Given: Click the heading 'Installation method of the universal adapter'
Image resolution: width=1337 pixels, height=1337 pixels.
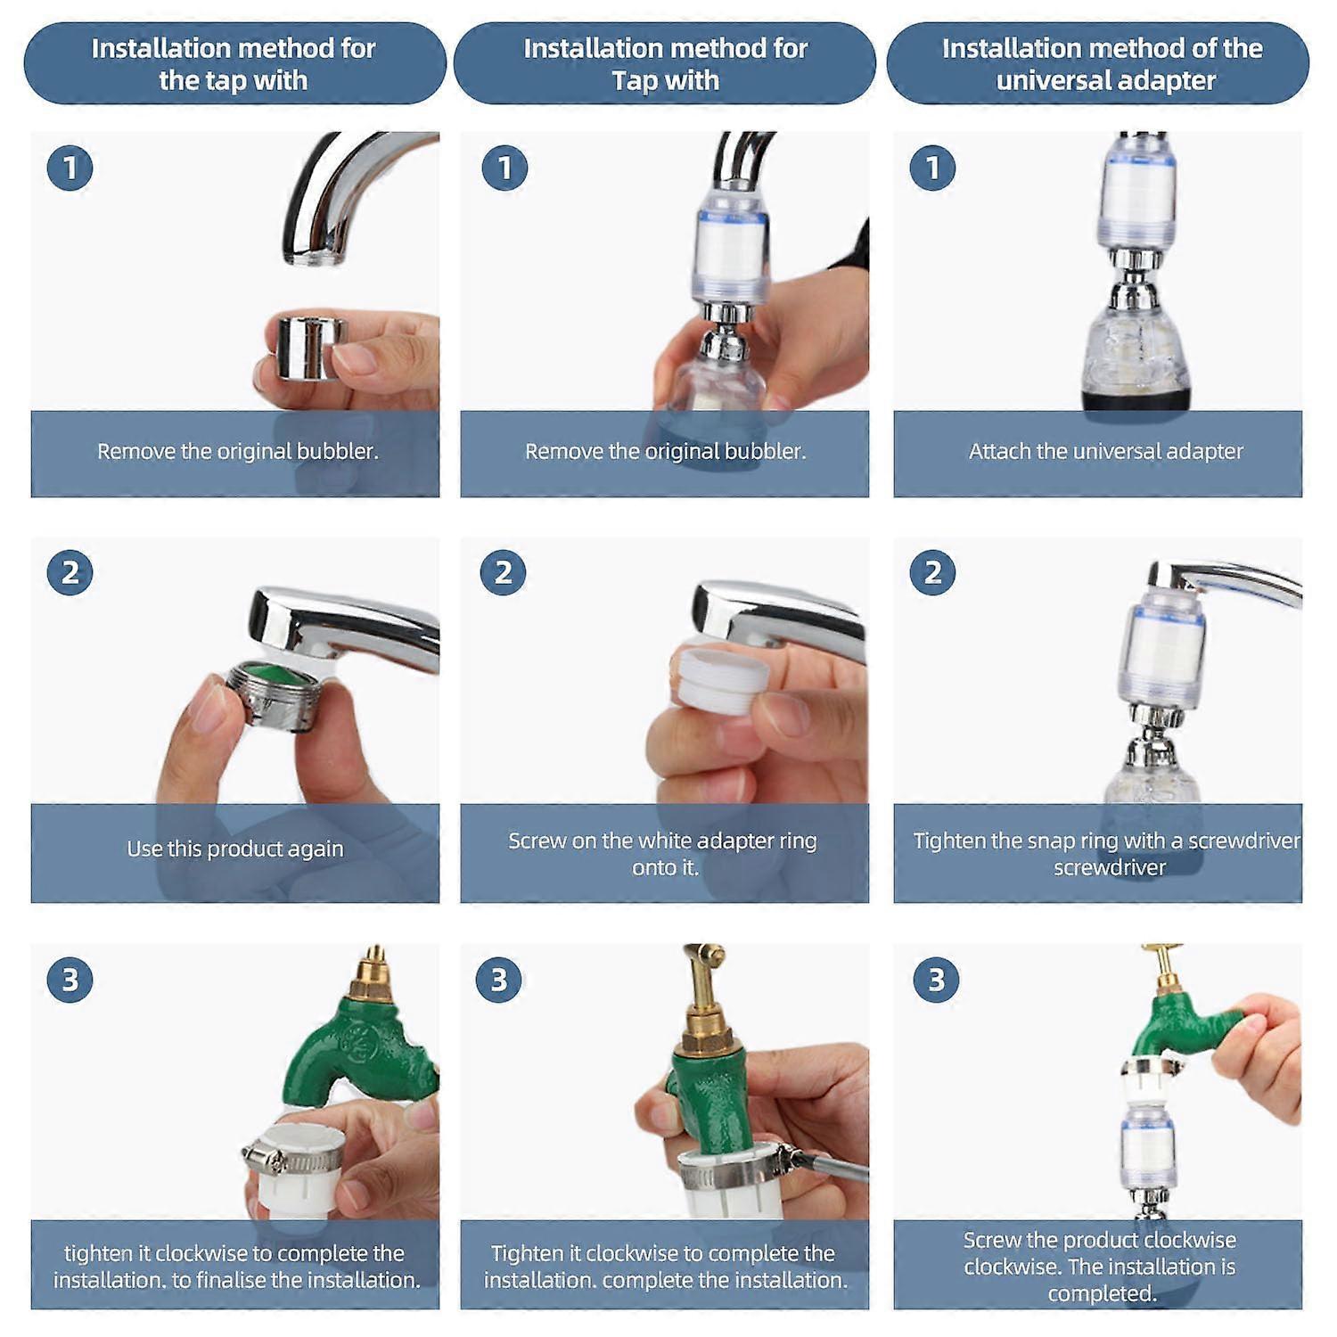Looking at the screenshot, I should click(1102, 63).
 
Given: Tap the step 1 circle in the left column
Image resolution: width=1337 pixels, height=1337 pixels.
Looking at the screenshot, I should click(70, 168).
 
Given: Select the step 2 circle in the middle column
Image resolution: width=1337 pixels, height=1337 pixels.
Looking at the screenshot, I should click(503, 572).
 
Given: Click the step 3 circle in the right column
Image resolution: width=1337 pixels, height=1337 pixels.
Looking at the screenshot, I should click(936, 980).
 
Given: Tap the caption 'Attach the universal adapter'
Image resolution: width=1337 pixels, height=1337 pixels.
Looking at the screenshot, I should click(1105, 451).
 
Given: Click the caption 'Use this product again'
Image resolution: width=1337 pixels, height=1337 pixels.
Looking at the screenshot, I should click(234, 849).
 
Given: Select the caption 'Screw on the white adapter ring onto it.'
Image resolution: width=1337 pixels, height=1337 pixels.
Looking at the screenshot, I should click(662, 853).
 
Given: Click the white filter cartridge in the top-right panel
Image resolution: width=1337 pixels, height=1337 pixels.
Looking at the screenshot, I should click(1137, 192).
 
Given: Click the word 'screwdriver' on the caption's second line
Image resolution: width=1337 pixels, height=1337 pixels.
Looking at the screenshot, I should click(1109, 867).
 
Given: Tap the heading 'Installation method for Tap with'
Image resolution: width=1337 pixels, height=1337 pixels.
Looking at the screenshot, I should click(665, 63).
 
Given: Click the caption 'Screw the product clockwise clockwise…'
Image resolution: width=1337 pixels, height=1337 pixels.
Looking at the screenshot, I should click(1099, 1266).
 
